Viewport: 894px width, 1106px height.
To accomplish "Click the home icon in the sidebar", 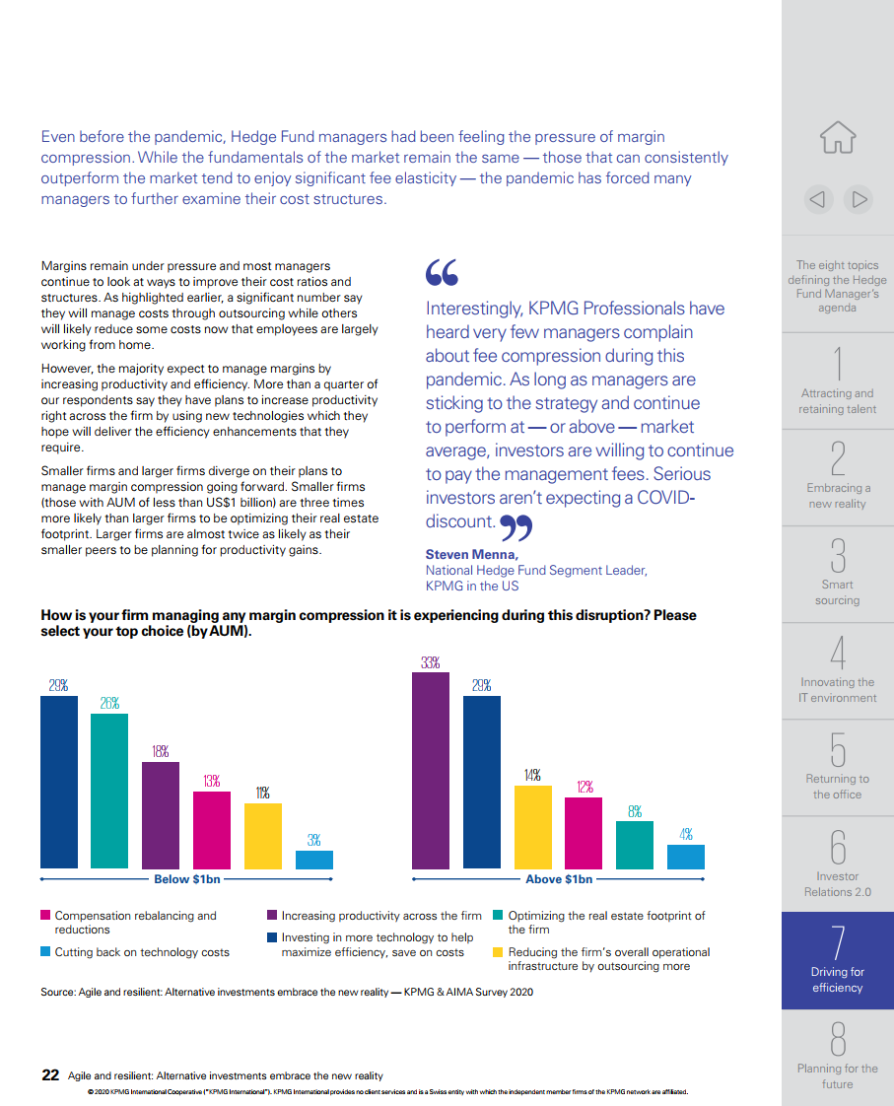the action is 838,138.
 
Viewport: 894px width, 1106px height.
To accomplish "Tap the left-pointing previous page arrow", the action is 818,200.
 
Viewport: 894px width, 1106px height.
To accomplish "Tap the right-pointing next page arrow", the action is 859,200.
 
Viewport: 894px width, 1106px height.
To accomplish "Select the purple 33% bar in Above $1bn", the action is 431,771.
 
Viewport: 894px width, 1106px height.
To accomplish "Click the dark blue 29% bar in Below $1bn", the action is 59,783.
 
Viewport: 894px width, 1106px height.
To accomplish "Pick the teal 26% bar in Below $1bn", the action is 109,792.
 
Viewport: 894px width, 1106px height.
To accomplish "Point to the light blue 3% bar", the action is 314,860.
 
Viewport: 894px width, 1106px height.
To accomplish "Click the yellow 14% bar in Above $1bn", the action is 533,827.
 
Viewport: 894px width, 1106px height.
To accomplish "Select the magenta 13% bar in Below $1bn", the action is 212,830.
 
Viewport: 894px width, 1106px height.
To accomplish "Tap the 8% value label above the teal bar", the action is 635,812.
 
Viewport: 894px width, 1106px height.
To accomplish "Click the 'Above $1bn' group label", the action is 559,879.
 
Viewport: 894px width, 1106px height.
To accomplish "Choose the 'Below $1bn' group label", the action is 187,879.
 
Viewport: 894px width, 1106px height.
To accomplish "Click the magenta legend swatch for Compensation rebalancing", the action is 45,915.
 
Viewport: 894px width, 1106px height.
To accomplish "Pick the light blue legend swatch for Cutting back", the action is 45,951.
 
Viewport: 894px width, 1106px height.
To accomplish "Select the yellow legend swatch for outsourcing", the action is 498,951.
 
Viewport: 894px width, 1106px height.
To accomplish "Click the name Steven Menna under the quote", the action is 472,554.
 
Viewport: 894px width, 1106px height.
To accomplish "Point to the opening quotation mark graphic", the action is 442,272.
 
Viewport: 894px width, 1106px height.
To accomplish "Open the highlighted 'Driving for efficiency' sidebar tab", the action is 838,960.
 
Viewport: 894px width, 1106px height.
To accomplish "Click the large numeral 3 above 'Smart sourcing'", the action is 838,556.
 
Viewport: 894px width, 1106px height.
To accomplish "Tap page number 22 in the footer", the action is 50,1075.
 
